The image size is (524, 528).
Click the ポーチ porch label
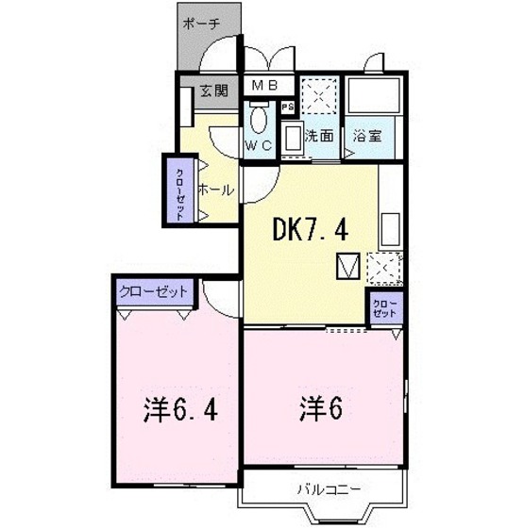click(x=203, y=25)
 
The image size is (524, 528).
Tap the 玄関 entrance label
click(x=213, y=91)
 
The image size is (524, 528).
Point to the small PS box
click(x=286, y=106)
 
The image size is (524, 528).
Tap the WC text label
click(x=260, y=145)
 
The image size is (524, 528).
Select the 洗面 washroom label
click(x=319, y=135)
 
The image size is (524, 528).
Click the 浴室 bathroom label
click(x=367, y=135)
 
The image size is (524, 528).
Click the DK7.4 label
click(x=311, y=228)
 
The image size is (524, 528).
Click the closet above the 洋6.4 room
click(x=154, y=291)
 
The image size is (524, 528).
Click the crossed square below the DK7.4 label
click(x=347, y=268)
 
